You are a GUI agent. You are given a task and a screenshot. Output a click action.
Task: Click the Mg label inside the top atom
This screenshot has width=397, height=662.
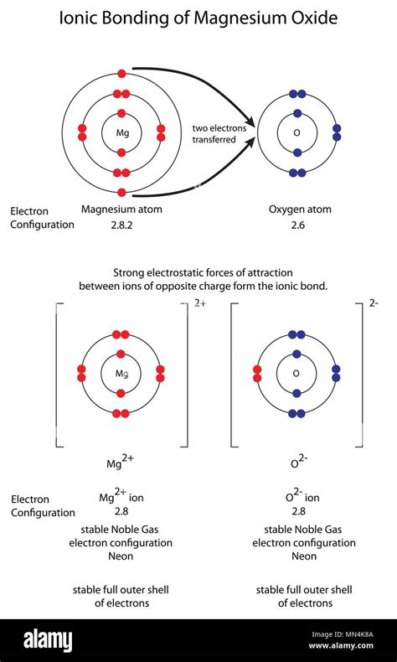121,133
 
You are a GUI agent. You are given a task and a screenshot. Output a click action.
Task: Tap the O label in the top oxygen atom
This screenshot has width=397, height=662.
296,133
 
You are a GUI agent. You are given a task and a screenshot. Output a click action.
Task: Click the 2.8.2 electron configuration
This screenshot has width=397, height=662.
121,225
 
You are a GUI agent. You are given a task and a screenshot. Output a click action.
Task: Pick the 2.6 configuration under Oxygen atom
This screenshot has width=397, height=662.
298,225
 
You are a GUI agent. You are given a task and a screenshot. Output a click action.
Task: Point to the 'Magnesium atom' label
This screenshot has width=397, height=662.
121,209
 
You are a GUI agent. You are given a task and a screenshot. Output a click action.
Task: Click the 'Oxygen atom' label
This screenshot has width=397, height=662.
300,209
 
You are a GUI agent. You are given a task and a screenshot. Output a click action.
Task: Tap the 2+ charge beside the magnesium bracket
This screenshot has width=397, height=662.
200,303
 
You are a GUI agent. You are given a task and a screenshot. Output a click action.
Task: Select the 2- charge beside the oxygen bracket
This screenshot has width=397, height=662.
374,303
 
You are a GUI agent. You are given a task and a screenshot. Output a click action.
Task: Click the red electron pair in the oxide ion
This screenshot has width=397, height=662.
257,374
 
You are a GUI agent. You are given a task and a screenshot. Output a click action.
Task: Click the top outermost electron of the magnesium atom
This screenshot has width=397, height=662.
121,74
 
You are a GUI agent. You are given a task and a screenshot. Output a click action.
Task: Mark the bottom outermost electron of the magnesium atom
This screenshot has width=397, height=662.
121,193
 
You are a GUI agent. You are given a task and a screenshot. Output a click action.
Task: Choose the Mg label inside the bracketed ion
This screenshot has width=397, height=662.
121,374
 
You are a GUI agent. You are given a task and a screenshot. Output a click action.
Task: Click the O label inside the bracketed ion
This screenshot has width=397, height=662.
296,374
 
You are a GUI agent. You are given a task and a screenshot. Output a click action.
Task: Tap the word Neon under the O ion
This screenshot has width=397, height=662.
304,556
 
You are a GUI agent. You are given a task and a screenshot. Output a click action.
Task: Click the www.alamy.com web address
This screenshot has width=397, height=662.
341,645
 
